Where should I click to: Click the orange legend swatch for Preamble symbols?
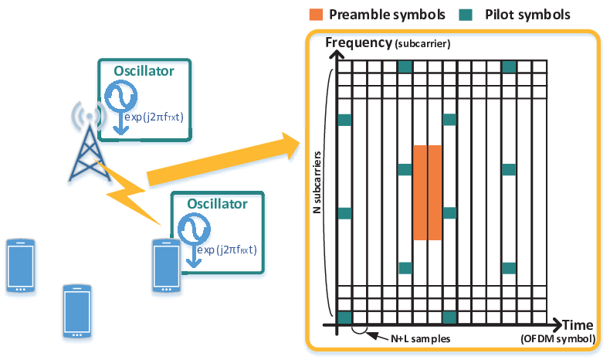coord(316,15)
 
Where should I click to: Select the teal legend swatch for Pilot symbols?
coord(466,15)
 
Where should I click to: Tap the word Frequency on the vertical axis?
coord(359,42)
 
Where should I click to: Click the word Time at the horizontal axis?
coord(578,324)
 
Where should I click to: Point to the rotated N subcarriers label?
coord(317,182)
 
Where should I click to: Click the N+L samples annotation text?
coord(421,338)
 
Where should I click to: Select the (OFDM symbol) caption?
coord(558,338)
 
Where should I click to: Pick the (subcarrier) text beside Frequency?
coord(422,43)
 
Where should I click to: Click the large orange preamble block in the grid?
coord(427,192)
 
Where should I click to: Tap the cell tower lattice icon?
coord(90,153)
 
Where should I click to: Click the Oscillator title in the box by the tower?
coord(144,71)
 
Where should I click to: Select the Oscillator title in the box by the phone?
coord(217,203)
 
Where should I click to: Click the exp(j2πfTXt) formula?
coord(154,117)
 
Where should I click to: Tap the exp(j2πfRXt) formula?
coord(227,250)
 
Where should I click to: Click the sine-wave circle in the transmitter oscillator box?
coord(121,95)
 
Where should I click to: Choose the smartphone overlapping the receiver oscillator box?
coord(166,266)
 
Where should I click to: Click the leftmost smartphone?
coord(21,266)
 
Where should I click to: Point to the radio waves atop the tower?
coord(89,116)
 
